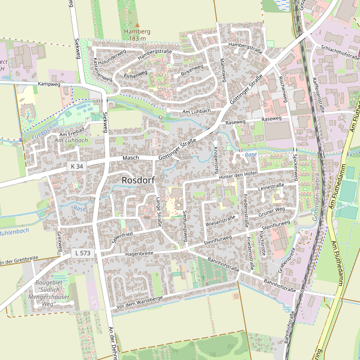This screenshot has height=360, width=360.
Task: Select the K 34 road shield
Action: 77,166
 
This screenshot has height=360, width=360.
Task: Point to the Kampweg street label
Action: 49,85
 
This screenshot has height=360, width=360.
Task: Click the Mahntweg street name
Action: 222,68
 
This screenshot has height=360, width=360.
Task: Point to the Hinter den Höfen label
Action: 238,174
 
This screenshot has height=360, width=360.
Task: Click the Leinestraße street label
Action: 270,188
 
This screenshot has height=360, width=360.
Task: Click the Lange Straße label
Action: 159,211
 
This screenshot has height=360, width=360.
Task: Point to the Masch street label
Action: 131,158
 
